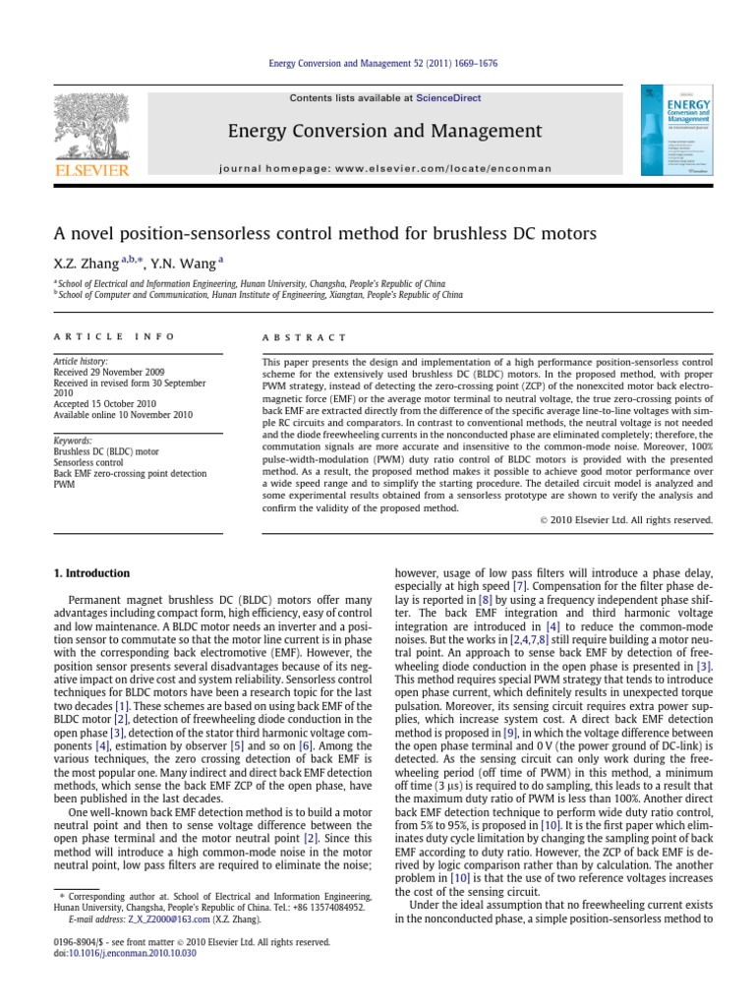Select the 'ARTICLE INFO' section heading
pos(114,336)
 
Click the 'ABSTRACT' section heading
pos(292,336)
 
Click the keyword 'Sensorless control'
pos(88,460)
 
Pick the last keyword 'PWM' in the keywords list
pos(62,485)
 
